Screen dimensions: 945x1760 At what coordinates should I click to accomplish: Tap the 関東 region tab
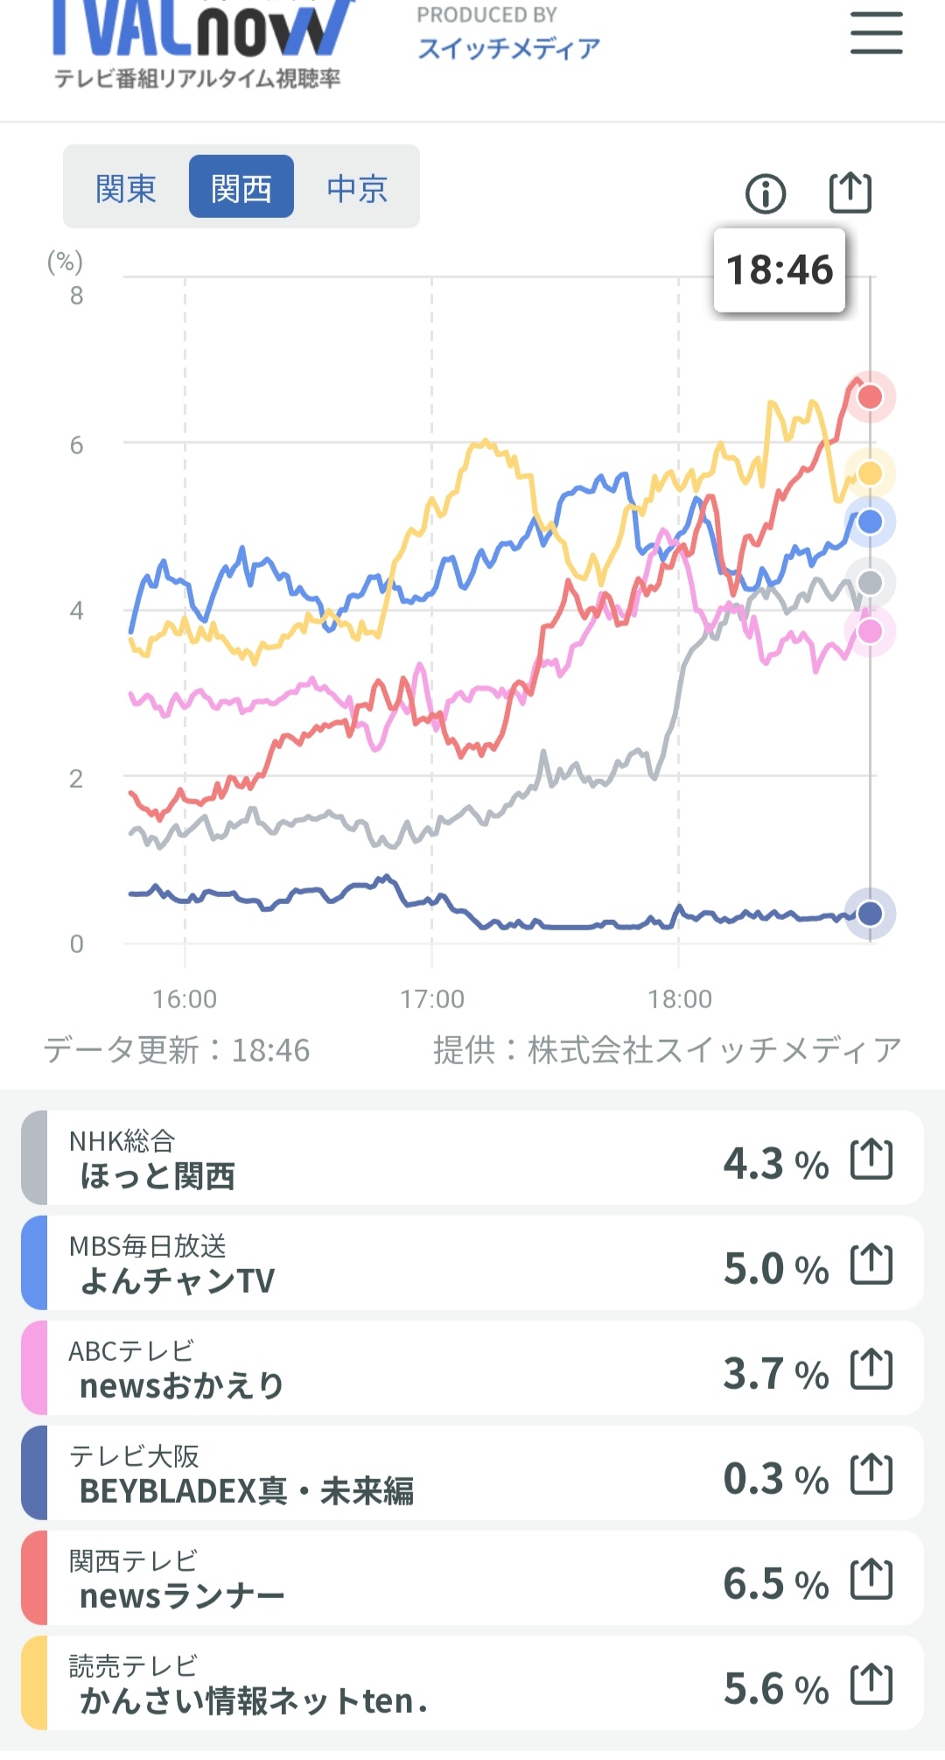[126, 188]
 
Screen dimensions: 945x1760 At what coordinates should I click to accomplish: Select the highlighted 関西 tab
[241, 186]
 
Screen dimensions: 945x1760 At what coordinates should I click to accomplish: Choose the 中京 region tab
[357, 188]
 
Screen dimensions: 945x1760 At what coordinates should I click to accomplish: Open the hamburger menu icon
[877, 33]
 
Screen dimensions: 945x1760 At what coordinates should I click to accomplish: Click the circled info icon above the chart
[766, 193]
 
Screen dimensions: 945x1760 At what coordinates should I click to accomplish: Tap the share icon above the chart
[850, 193]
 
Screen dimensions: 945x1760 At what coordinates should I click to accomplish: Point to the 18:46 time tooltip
[780, 270]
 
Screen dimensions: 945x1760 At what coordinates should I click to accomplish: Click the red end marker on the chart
[870, 396]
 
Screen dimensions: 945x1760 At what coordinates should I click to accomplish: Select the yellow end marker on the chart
[870, 473]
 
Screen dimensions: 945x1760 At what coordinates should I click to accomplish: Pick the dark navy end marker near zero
[870, 914]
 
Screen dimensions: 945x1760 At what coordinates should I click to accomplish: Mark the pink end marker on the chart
[870, 631]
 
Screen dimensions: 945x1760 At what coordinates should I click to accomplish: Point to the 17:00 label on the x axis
[432, 999]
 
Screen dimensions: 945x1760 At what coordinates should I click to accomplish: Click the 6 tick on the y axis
[77, 445]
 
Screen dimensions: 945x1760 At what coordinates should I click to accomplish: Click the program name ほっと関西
[157, 1176]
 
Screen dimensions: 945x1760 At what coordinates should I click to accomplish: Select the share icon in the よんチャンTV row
[871, 1264]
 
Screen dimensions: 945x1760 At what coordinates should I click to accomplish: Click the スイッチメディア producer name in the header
[509, 48]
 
